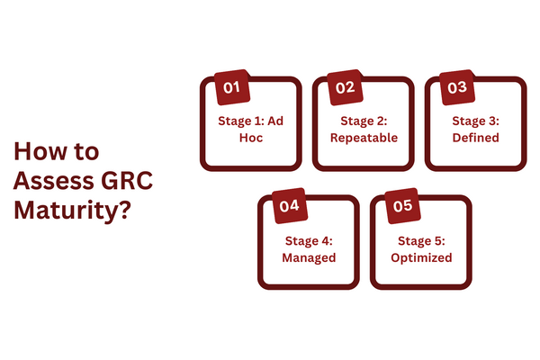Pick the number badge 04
click(290, 206)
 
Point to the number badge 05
click(402, 206)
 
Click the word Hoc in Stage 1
click(251, 139)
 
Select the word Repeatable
click(364, 139)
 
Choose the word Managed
click(308, 257)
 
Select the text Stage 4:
click(308, 240)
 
